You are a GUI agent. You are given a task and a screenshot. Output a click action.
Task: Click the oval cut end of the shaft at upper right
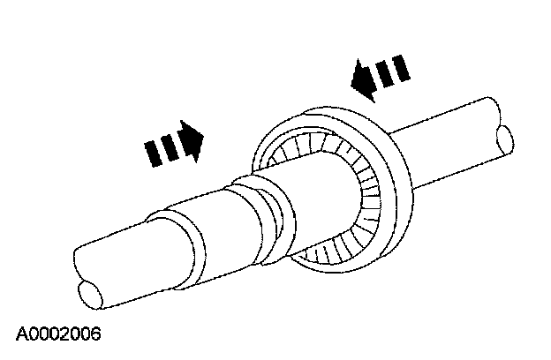pyautogui.click(x=504, y=139)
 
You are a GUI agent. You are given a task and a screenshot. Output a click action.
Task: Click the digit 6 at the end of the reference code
pyautogui.click(x=96, y=334)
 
